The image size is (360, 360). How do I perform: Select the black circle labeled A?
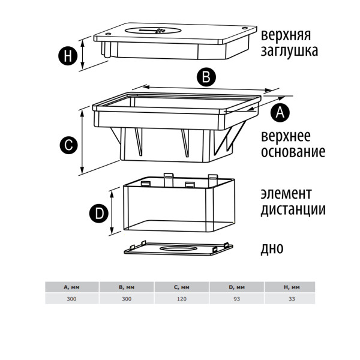click(x=281, y=112)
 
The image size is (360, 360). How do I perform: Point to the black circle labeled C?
click(x=68, y=144)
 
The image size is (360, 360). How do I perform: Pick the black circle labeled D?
click(x=100, y=212)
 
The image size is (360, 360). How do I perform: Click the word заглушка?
click(x=289, y=51)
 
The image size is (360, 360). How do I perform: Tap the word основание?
click(x=293, y=151)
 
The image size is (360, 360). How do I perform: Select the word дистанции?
click(x=293, y=209)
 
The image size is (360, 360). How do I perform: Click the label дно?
click(x=272, y=247)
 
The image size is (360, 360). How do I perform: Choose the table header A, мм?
click(x=72, y=288)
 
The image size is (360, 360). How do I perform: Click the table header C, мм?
click(x=182, y=288)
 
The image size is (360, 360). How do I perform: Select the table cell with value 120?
click(x=182, y=298)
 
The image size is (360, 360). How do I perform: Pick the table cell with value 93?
click(x=236, y=298)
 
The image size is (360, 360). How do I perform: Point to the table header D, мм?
click(x=236, y=288)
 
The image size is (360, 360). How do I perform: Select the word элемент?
click(x=286, y=194)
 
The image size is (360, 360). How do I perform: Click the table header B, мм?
click(x=127, y=288)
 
